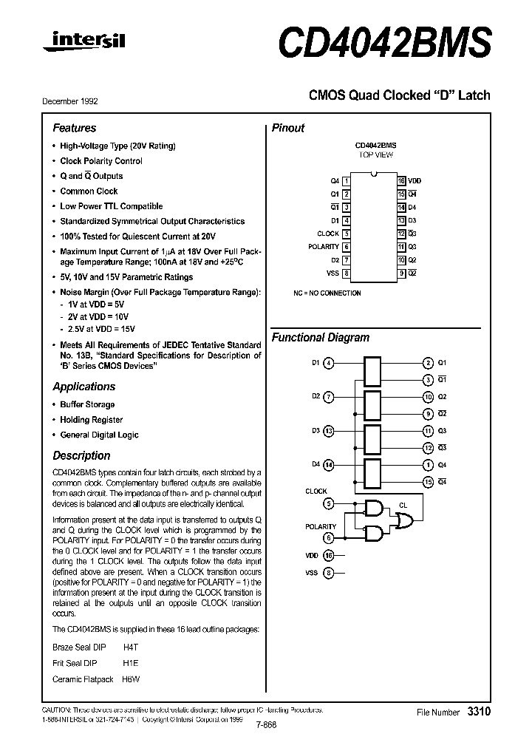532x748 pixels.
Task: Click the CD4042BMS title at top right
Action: [x=384, y=41]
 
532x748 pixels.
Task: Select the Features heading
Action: [x=74, y=128]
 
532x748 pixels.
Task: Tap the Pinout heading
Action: [x=288, y=128]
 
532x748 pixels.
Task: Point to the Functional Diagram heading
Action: [x=321, y=338]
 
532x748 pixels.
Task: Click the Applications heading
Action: [x=83, y=387]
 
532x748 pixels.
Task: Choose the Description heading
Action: [x=81, y=456]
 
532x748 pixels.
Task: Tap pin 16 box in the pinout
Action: [x=401, y=181]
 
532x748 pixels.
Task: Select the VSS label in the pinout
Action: [x=332, y=273]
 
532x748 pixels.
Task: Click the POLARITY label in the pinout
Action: [x=323, y=247]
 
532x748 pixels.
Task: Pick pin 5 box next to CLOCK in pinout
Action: [x=347, y=234]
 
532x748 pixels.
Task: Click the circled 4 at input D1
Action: [x=329, y=363]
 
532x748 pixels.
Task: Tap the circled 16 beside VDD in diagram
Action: [x=329, y=554]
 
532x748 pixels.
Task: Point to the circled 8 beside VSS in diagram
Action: [x=329, y=572]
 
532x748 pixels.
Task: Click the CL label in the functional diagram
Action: [x=403, y=506]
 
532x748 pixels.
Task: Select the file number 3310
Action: [x=478, y=711]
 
